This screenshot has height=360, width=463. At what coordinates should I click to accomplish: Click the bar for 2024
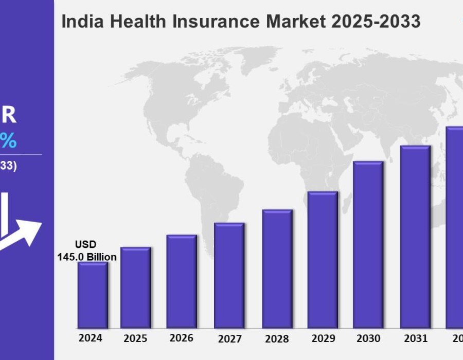(93, 295)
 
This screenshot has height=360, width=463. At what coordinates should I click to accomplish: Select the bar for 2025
(136, 287)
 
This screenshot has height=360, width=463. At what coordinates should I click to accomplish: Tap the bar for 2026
(182, 281)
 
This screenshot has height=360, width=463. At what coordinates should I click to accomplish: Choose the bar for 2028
(277, 268)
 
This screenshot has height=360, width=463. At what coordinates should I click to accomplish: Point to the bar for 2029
(323, 260)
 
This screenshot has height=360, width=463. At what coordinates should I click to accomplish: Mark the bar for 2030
(368, 244)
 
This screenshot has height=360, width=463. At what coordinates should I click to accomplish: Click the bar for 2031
(415, 237)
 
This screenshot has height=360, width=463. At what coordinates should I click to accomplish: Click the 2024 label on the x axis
(90, 338)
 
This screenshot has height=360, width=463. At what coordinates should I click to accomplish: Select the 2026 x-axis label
(182, 338)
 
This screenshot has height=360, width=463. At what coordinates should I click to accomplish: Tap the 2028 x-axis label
(277, 339)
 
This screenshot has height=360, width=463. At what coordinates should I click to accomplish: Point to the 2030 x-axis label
(368, 338)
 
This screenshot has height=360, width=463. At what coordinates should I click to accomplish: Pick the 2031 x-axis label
(415, 338)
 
